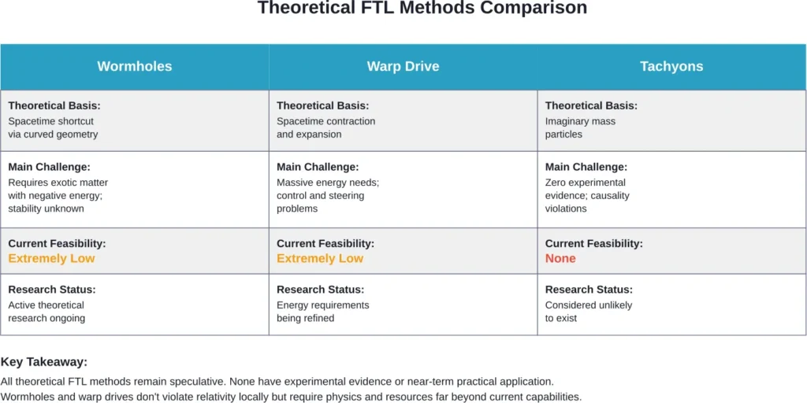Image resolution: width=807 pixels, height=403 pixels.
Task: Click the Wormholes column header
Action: point(134,66)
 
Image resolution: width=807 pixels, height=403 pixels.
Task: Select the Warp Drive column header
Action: point(403,66)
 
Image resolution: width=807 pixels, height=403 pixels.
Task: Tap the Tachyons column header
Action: point(671,66)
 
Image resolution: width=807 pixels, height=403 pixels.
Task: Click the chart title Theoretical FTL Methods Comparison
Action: point(422,9)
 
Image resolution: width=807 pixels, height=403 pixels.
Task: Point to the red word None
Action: point(560,258)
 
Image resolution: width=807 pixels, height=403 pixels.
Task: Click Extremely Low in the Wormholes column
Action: point(51,258)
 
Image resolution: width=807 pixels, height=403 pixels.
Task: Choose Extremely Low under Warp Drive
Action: point(320,258)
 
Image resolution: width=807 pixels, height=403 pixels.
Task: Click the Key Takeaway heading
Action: point(44,362)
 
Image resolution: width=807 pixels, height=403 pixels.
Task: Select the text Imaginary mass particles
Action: point(580,128)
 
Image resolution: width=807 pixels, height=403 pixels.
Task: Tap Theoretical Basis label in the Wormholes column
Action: point(54,105)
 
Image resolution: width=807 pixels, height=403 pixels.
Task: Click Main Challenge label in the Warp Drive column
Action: point(318,167)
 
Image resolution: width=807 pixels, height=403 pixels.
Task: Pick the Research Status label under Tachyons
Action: point(589,290)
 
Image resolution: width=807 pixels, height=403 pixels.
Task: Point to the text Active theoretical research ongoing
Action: point(46,312)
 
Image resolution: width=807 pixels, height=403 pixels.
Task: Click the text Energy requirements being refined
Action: point(322,312)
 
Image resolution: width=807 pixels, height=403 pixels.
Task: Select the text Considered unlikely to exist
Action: point(588,312)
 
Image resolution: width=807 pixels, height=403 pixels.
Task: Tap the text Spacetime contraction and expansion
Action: point(325,128)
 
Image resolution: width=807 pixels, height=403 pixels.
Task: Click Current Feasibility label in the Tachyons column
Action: point(593,244)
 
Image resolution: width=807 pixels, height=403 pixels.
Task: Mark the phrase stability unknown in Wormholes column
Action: point(46,209)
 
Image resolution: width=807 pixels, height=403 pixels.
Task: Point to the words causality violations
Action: point(587,202)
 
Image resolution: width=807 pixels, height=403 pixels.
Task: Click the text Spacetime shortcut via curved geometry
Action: point(53,128)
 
